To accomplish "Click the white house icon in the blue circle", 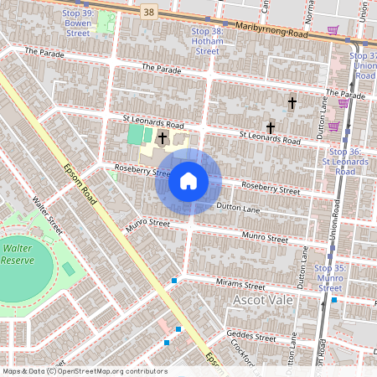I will pyautogui.click(x=188, y=180).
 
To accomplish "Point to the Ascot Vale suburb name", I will pyautogui.click(x=265, y=300).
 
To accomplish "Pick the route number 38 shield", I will pyautogui.click(x=149, y=12).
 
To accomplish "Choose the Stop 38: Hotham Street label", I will pyautogui.click(x=201, y=41).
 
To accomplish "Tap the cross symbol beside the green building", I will pyautogui.click(x=162, y=137).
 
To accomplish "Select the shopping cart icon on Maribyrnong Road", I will pyautogui.click(x=333, y=30).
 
